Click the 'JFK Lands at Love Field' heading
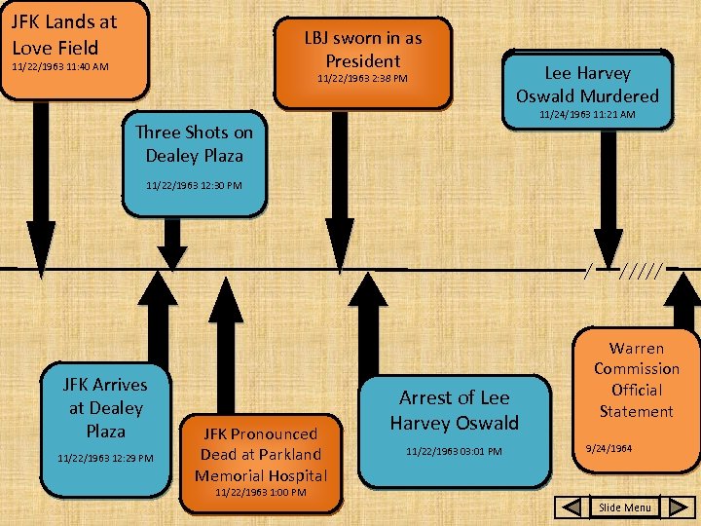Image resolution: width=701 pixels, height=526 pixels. tap(64, 34)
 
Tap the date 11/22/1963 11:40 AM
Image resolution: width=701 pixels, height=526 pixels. tap(59, 67)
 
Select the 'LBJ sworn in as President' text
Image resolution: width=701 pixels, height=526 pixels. tap(363, 49)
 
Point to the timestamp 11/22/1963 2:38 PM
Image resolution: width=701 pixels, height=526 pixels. tap(363, 78)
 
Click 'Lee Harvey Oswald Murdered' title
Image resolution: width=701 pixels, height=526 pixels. tap(587, 85)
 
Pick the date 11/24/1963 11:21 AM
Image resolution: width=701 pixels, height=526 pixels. tap(587, 115)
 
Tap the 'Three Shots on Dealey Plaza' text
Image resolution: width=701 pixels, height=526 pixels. tap(194, 144)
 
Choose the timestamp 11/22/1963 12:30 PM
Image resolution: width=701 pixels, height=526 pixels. tap(194, 185)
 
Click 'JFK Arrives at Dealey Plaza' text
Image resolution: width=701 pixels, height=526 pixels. tap(105, 407)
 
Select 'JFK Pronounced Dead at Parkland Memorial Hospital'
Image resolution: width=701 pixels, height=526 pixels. tap(260, 454)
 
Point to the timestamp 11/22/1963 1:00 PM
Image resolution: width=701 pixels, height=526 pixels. tap(260, 493)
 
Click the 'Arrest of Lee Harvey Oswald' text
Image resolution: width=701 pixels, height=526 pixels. tap(454, 410)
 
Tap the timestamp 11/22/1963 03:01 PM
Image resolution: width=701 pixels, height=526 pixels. tap(454, 451)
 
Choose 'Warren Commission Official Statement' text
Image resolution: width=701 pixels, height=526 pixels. tap(636, 380)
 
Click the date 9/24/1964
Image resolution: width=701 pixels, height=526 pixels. tap(609, 449)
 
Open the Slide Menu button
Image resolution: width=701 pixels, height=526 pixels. tap(624, 507)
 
